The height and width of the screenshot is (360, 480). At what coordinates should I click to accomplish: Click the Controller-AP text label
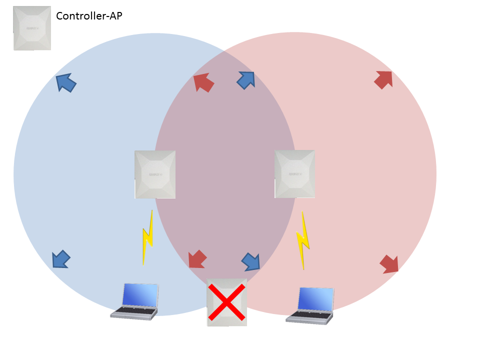89,16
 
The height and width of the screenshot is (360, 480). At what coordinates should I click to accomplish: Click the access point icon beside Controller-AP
32,28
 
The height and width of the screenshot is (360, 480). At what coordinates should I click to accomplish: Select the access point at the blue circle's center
155,174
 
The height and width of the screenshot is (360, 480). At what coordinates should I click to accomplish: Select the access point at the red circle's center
295,173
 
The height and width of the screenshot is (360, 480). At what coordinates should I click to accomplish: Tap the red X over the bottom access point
227,302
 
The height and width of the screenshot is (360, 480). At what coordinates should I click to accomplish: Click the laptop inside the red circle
310,305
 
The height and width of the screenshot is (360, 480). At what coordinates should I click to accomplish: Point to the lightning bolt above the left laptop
148,237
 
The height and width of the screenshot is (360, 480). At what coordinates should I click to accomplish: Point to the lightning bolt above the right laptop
303,240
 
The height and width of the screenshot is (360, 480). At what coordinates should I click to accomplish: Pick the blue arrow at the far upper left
65,82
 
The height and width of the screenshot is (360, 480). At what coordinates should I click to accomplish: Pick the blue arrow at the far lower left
61,259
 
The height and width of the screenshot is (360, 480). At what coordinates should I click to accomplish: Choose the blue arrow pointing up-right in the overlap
246,80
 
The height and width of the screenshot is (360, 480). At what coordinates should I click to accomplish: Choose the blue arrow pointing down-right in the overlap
251,261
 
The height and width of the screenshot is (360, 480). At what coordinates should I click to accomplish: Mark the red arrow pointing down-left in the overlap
197,259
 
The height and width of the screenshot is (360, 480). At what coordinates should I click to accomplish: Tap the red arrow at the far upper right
383,79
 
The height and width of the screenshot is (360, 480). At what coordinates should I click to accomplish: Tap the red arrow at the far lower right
389,263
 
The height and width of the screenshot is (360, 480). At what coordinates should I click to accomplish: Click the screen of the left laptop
140,295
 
